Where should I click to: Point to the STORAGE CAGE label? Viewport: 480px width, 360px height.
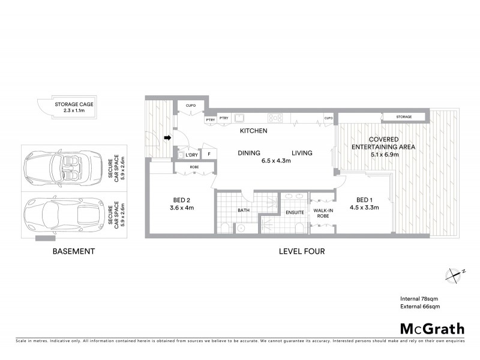74,104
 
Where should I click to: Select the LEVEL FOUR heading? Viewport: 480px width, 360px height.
301,252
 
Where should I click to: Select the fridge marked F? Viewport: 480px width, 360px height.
208,154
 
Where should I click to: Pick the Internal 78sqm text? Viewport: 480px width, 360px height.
420,298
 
